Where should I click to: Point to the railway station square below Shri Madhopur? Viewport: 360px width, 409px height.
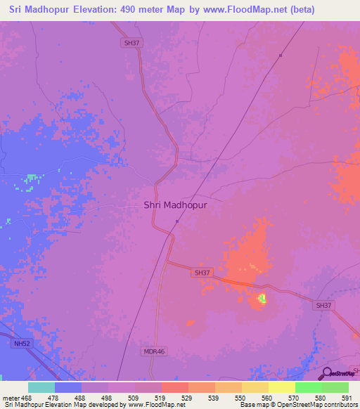176,221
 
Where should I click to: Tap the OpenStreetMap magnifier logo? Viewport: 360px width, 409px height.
326,375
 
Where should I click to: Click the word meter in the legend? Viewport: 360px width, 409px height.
11,397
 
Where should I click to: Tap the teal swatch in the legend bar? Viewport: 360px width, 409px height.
41,387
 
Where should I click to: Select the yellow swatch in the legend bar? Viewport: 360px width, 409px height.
282,387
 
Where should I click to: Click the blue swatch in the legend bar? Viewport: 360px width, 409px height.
68,387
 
